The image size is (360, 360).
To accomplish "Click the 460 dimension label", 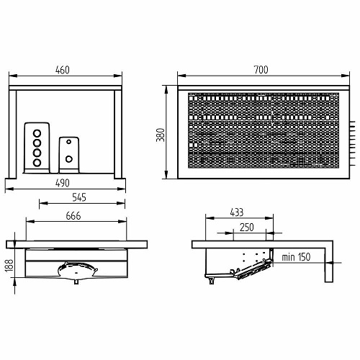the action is coord(63,70).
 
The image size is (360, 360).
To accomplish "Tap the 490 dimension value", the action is coord(63,183).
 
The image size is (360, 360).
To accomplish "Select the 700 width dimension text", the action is coord(261,70).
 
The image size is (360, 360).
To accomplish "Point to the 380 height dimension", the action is coord(161,135).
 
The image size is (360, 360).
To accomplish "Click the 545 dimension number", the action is coord(79,197).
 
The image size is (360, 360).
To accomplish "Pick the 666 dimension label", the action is coord(73,216).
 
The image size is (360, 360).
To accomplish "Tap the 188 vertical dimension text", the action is coord(9,265).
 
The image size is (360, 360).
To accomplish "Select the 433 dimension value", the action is coord(237,212).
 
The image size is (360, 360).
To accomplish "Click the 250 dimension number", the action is coord(247,228).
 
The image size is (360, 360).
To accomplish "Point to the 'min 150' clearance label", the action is coord(296,257).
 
